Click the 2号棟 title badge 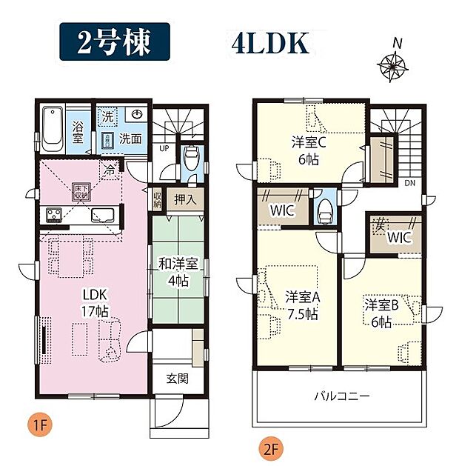click(x=115, y=42)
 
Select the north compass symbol click(x=396, y=65)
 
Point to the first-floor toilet click(x=191, y=158)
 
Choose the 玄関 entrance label click(x=175, y=379)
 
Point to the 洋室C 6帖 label click(x=306, y=149)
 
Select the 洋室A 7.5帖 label click(x=301, y=305)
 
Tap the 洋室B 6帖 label click(x=381, y=311)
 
